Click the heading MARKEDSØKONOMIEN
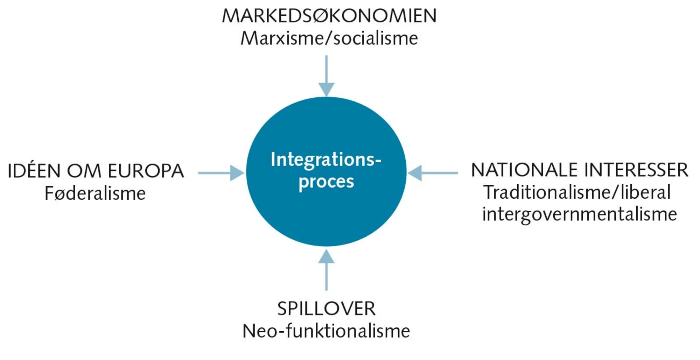(x=329, y=16)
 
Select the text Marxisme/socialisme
(x=329, y=38)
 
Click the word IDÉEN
(x=34, y=171)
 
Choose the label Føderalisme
(x=95, y=193)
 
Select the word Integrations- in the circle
(x=325, y=160)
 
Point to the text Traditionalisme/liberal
(x=577, y=192)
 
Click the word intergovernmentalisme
(x=579, y=214)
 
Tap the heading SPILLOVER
(x=326, y=309)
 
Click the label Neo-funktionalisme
(x=326, y=331)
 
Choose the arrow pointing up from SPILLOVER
(x=326, y=273)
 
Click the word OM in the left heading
(x=84, y=171)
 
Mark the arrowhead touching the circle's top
(x=326, y=90)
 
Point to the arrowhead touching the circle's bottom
(x=326, y=256)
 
